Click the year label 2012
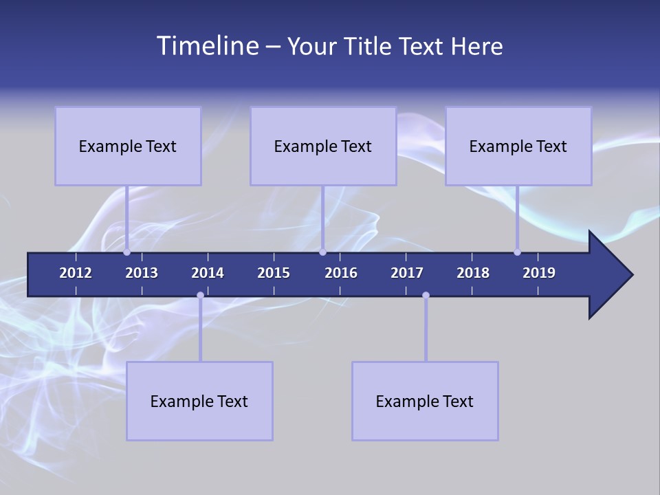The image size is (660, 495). tap(76, 273)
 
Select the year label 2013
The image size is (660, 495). tap(142, 273)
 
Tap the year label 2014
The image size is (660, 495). tap(208, 273)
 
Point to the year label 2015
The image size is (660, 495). tap(274, 273)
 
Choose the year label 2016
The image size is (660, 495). tap(341, 273)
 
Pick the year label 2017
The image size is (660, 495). tap(407, 273)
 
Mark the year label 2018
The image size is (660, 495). tap(473, 273)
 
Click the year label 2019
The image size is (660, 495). tap(539, 273)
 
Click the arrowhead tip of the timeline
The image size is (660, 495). tap(630, 275)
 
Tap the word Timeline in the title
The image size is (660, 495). tap(207, 46)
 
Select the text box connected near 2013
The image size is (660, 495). tap(128, 146)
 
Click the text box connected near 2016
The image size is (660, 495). tap(323, 146)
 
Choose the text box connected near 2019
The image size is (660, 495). tap(518, 146)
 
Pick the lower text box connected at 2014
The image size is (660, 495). tap(199, 401)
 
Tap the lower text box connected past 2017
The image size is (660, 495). tap(425, 401)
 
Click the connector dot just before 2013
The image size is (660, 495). tap(126, 252)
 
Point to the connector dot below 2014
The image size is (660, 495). tap(200, 296)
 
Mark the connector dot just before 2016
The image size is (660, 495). tap(322, 252)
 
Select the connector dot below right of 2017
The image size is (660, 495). tap(426, 296)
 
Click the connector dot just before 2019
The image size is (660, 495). tap(517, 252)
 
